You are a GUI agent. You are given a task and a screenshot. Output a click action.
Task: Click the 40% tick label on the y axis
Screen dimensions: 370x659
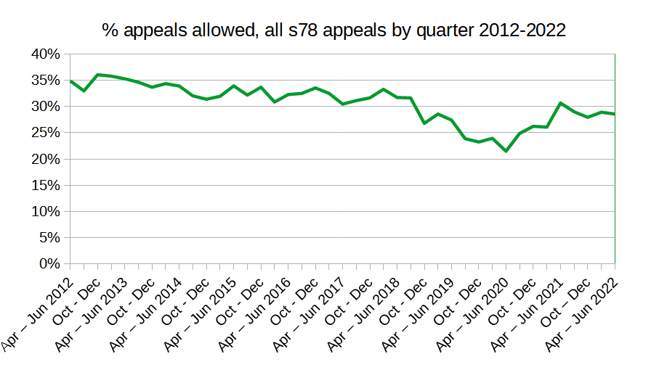[x=45, y=54]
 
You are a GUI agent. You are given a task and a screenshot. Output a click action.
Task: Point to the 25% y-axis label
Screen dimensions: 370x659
[x=45, y=133]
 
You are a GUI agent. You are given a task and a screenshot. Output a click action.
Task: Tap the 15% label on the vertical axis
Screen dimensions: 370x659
[x=45, y=186]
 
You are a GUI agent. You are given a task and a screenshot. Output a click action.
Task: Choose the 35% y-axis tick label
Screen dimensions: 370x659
[x=45, y=81]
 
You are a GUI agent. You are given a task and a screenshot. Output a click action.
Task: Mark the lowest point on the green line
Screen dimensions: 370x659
[x=506, y=151]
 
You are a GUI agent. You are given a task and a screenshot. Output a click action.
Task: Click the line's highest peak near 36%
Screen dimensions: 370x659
[x=98, y=75]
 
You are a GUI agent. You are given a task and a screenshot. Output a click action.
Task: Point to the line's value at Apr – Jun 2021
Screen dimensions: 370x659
[x=560, y=103]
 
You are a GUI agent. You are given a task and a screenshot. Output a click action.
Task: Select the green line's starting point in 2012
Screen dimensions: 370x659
[x=70, y=81]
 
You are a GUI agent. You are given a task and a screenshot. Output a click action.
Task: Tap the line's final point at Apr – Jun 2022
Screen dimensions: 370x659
[x=615, y=114]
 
